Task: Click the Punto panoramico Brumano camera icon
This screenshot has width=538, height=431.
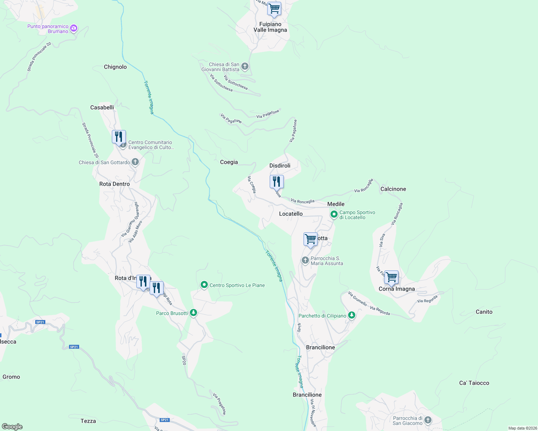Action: pos(74,28)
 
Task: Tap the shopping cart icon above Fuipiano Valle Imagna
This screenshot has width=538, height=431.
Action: pos(274,9)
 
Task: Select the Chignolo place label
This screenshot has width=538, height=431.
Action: pos(115,67)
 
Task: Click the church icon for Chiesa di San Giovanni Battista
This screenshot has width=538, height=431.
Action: pos(245,66)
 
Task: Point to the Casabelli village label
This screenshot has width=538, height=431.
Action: pos(102,107)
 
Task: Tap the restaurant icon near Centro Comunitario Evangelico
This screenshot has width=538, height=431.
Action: pos(119,137)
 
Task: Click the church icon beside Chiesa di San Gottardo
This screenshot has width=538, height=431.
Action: pos(135,162)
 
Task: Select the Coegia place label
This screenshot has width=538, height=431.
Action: pos(229,162)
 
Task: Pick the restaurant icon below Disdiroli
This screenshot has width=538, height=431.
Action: pos(277,182)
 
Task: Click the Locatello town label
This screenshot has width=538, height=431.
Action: pos(291,214)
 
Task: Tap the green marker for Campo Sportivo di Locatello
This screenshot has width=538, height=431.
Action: pos(334,214)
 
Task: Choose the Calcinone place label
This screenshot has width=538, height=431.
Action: pos(393,189)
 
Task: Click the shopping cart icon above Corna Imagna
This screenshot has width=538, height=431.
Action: pos(391,278)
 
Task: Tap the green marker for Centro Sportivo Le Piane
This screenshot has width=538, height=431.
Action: pos(204,285)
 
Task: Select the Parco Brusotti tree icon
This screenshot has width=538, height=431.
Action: pos(193,313)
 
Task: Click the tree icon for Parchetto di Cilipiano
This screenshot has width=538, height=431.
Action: pos(352,315)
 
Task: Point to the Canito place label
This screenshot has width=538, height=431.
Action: pos(484,312)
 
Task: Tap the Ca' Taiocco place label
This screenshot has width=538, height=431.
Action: pos(474,383)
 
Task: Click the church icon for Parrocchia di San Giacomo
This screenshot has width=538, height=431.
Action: pos(428,420)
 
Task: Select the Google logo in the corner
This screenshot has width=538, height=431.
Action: pos(12,427)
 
